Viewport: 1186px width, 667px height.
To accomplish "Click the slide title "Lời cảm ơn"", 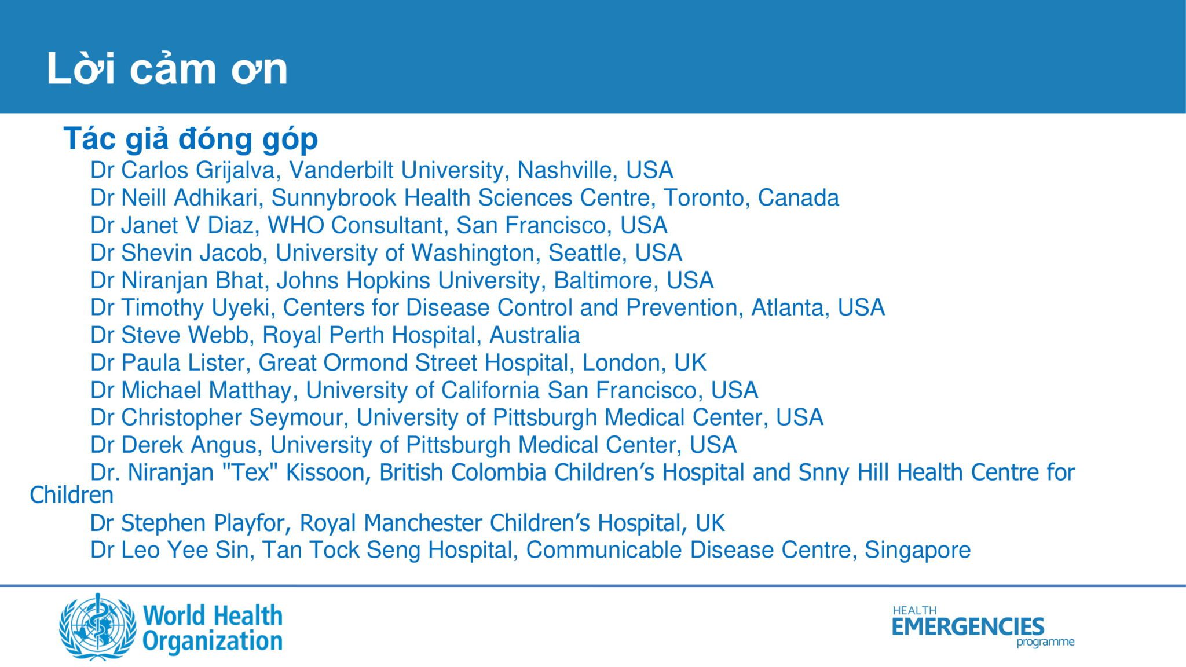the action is point(167,69).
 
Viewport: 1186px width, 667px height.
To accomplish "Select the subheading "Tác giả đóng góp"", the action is point(191,140).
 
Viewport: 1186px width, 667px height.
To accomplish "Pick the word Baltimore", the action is point(606,281).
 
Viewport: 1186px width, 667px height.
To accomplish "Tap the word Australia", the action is point(535,335).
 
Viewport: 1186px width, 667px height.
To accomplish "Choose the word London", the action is point(624,363).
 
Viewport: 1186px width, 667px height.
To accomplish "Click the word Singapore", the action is point(917,551).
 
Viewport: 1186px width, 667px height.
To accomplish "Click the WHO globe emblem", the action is point(98,626).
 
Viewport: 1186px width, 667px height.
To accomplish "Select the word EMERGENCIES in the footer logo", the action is point(968,626).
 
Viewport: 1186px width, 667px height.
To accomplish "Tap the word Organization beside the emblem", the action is point(212,642).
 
